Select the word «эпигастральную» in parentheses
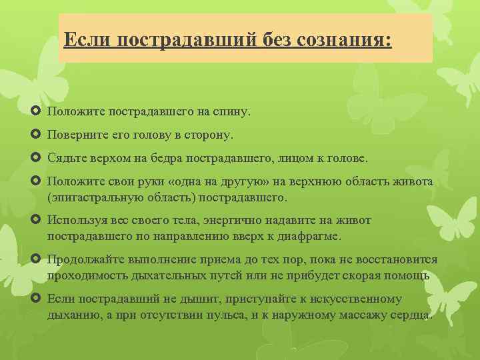(96, 198)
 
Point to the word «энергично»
(242, 221)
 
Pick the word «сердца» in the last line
(413, 314)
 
